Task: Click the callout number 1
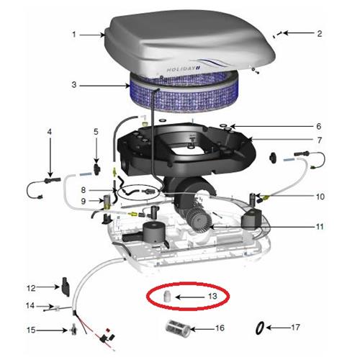point(74,35)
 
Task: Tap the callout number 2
point(319,34)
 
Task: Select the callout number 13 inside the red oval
point(212,296)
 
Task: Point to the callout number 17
point(295,327)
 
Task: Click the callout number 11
point(320,227)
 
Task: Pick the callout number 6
point(319,126)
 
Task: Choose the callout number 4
point(50,132)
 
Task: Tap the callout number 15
point(31,330)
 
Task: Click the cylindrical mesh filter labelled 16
point(178,328)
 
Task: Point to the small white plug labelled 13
point(166,296)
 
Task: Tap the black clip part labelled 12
point(66,287)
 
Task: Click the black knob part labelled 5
point(96,169)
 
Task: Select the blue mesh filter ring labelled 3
point(185,95)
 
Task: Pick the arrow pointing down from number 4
point(50,157)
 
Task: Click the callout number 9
point(84,201)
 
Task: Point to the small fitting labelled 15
point(73,330)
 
